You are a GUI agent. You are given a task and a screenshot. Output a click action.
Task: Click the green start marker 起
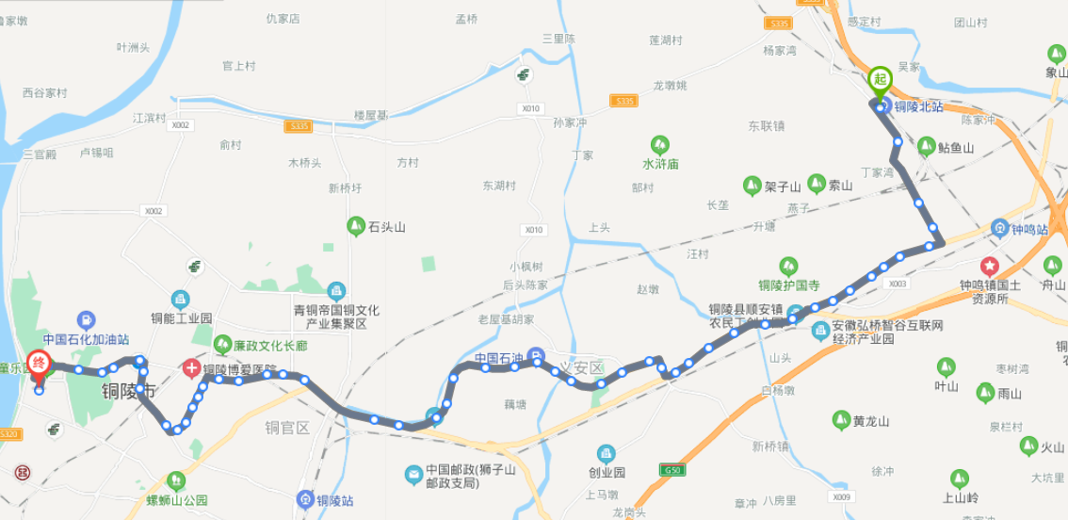tap(880, 79)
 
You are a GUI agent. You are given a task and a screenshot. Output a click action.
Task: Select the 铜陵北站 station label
tap(918, 107)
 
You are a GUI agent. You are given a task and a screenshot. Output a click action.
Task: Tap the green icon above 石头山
tap(356, 226)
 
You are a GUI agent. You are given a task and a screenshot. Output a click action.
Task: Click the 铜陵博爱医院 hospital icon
tap(192, 369)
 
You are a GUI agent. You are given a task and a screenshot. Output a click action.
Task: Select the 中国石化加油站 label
tap(86, 339)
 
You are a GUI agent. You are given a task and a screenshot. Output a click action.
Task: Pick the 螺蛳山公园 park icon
tap(176, 480)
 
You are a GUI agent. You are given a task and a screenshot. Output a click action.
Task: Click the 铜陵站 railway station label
tap(334, 499)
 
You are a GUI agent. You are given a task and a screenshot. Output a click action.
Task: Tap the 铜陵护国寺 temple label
tap(789, 285)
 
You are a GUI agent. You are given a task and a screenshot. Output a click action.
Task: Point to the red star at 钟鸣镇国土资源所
tap(990, 267)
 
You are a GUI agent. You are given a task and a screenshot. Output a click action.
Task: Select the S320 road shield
tap(9, 433)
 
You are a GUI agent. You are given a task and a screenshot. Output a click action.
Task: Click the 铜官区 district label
tap(287, 428)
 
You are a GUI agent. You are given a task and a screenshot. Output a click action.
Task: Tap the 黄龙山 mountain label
tap(870, 421)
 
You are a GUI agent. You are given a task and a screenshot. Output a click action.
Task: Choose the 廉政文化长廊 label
tap(270, 346)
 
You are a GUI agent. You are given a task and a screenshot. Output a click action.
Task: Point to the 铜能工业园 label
tap(182, 318)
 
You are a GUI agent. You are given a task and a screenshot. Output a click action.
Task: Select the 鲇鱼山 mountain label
tap(956, 148)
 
